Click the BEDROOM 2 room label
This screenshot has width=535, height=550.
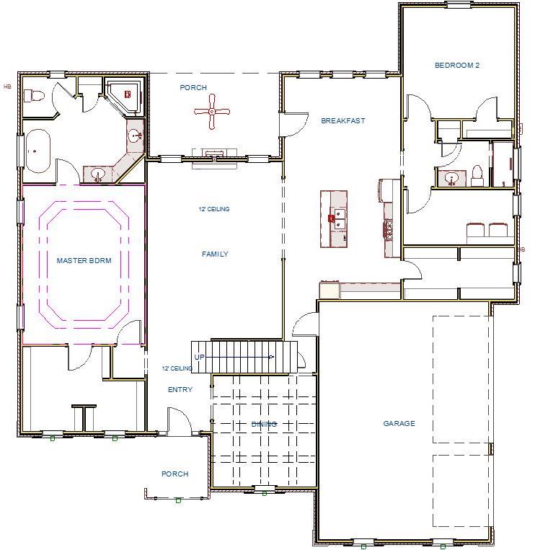click(456, 66)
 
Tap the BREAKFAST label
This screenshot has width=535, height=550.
click(342, 121)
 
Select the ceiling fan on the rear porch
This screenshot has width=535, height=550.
click(212, 112)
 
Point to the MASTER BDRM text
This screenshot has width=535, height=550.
click(84, 261)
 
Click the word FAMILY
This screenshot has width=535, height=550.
click(214, 254)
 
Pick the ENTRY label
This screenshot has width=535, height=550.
click(180, 390)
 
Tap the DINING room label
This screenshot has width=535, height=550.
click(264, 425)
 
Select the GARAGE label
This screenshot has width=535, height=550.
click(399, 424)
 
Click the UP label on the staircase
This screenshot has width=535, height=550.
click(199, 358)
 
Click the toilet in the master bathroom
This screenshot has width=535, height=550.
click(34, 96)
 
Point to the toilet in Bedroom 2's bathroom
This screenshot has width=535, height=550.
click(477, 172)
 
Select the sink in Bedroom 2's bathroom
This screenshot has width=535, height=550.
click(452, 177)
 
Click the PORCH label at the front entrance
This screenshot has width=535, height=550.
click(174, 474)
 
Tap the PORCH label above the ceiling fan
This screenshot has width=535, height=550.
click(193, 88)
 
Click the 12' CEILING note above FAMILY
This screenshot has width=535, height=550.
click(213, 210)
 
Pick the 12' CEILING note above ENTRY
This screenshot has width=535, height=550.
click(177, 368)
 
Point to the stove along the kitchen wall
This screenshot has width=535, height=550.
click(389, 229)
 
